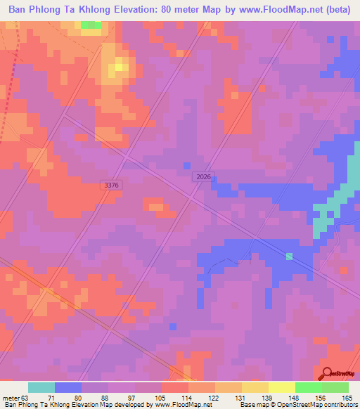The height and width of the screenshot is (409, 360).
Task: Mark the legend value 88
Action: (108, 398)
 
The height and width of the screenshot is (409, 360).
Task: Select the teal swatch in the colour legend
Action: (41, 387)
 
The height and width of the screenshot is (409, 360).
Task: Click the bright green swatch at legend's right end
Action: (335, 387)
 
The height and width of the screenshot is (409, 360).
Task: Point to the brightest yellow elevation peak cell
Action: (120, 67)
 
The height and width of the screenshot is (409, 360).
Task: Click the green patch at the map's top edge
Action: (91, 25)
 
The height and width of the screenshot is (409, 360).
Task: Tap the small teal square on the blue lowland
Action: (289, 256)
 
